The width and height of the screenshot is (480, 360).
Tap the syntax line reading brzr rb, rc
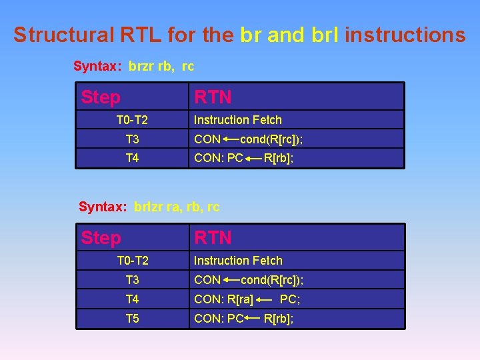[133, 66]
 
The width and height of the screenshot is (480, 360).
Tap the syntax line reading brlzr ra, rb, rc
[149, 207]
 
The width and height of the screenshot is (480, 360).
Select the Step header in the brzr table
[101, 97]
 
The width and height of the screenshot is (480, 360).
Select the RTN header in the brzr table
[213, 97]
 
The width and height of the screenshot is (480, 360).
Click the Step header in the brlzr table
[101, 238]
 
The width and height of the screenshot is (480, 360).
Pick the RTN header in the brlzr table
[213, 238]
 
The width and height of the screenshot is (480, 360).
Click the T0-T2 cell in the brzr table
[132, 120]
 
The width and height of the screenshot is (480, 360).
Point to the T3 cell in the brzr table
[132, 139]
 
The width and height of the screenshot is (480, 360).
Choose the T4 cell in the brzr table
[132, 159]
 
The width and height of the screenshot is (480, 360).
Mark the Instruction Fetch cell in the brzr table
[238, 120]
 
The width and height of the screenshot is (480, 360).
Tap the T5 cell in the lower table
[132, 319]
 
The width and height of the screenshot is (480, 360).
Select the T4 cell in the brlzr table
[132, 299]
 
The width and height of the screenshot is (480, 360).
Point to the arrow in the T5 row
[253, 319]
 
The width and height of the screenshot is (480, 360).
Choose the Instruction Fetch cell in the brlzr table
[238, 261]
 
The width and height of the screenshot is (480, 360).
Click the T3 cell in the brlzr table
[132, 280]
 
